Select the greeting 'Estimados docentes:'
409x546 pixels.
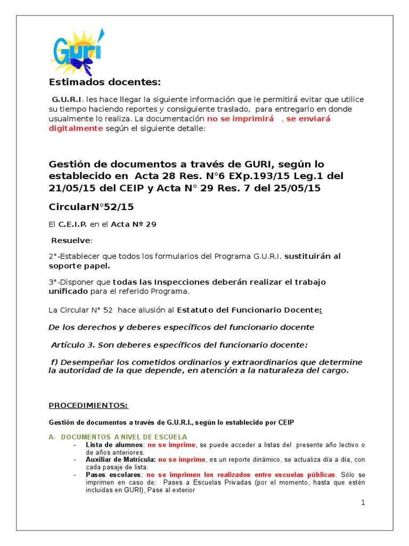[104, 82]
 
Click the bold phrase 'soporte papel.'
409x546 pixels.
[79, 265]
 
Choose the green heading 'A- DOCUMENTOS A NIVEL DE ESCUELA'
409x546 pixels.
[118, 437]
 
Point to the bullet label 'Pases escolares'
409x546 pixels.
[114, 474]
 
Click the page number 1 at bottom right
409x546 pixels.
[363, 502]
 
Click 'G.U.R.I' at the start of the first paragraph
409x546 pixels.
[67, 99]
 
